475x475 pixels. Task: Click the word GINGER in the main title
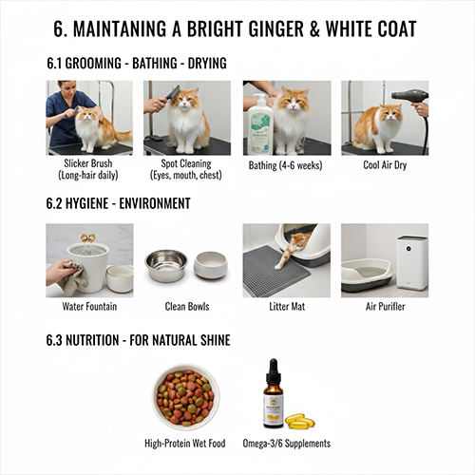(x=276, y=28)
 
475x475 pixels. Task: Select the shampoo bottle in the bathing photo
(x=260, y=123)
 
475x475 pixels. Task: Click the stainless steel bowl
(x=166, y=265)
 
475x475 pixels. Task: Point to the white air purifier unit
(x=412, y=263)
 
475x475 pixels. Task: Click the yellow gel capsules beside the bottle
(x=300, y=421)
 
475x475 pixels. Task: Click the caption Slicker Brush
(x=88, y=163)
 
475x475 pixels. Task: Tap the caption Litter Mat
(x=287, y=307)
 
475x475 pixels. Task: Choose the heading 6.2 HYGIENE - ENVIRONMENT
(x=118, y=203)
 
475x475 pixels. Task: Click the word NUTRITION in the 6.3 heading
(x=92, y=340)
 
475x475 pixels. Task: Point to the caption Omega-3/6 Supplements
(x=287, y=444)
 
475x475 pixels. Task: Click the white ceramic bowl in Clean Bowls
(x=211, y=265)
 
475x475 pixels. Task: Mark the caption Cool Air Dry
(x=385, y=165)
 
